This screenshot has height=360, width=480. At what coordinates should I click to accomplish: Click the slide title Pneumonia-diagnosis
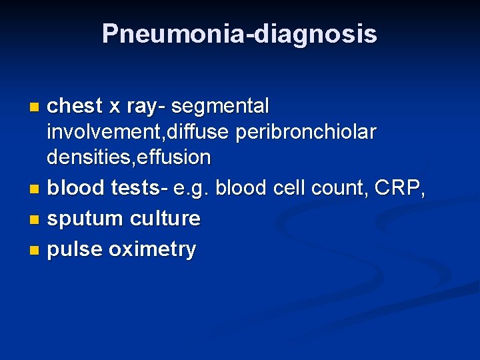(239, 34)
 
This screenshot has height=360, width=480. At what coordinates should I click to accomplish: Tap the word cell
(288, 188)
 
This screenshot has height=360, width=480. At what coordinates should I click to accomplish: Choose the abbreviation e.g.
(191, 189)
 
